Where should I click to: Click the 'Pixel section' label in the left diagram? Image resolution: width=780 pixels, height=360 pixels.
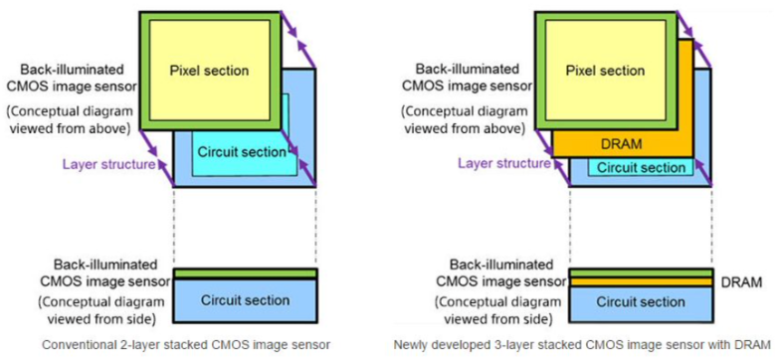click(x=209, y=71)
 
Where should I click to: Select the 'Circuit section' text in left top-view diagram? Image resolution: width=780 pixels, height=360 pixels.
click(x=242, y=153)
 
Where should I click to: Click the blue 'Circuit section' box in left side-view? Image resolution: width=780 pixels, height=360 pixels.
click(x=245, y=300)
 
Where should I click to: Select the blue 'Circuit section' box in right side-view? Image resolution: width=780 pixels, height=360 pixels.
click(x=641, y=301)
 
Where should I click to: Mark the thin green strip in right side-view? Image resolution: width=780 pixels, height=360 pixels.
click(x=641, y=272)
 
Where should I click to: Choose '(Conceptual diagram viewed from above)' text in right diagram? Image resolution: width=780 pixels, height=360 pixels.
click(x=468, y=120)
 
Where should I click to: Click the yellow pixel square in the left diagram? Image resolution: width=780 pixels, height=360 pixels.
click(x=209, y=94)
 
